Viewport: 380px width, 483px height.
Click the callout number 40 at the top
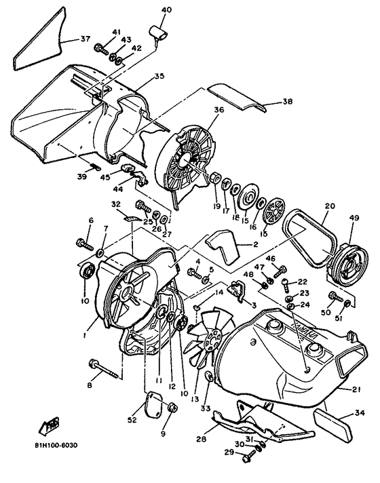[167, 9]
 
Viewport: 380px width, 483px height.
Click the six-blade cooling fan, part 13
[211, 333]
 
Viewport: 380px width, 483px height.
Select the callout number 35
[159, 77]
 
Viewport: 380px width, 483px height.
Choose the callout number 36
[218, 109]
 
